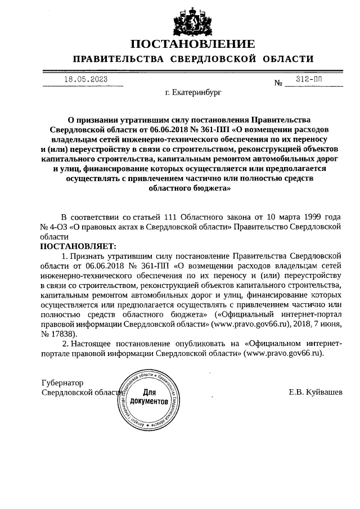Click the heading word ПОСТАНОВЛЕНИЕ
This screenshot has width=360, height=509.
tap(193, 44)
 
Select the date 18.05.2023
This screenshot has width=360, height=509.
tap(85, 80)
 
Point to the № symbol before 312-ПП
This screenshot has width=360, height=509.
tap(278, 84)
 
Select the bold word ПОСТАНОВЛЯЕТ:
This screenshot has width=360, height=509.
tap(78, 246)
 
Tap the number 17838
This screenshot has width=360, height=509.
tap(66, 334)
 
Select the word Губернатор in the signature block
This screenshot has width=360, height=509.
tap(62, 382)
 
